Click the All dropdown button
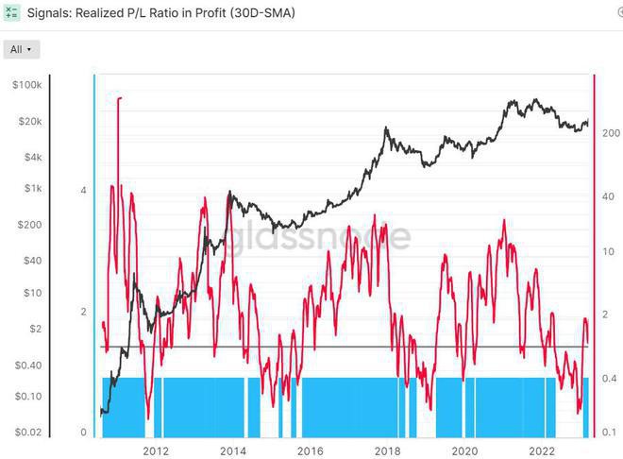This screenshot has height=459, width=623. pyautogui.click(x=22, y=48)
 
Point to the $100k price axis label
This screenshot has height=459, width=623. pyautogui.click(x=26, y=85)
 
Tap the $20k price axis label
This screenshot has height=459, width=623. pyautogui.click(x=28, y=122)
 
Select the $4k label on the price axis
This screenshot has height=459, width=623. pyautogui.click(x=31, y=157)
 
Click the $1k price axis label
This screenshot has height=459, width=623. pyautogui.click(x=31, y=188)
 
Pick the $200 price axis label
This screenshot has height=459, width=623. pyautogui.click(x=29, y=225)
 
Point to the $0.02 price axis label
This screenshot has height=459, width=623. pyautogui.click(x=27, y=432)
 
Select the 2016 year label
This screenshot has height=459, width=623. pyautogui.click(x=310, y=450)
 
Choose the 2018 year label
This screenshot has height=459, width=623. pyautogui.click(x=387, y=450)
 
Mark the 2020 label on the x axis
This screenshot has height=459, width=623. pyautogui.click(x=464, y=450)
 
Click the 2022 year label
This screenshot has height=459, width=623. pyautogui.click(x=542, y=450)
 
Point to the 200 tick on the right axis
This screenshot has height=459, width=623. pyautogui.click(x=610, y=133)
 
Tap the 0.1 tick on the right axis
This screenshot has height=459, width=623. pyautogui.click(x=610, y=432)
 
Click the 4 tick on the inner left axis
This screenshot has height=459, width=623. pyautogui.click(x=84, y=191)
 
